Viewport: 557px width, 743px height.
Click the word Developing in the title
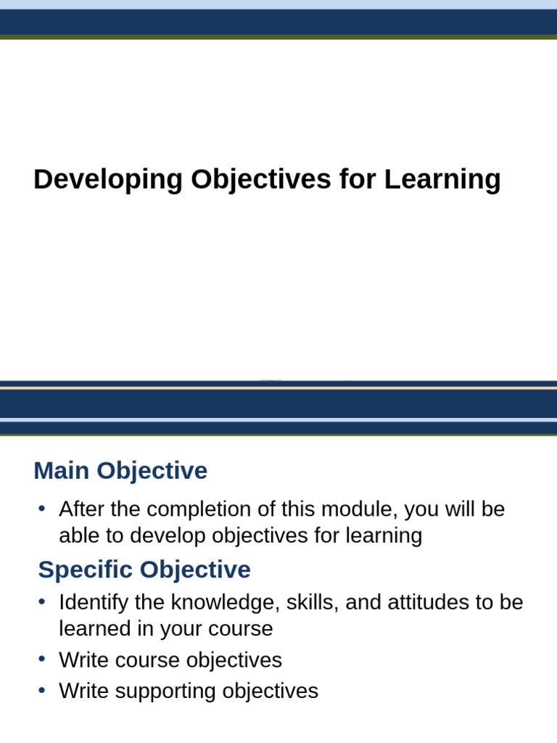[108, 179]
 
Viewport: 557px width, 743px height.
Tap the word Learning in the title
[442, 179]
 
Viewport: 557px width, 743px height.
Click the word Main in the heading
[62, 471]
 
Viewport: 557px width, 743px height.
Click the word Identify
[92, 602]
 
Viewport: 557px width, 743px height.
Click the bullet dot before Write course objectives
[42, 660]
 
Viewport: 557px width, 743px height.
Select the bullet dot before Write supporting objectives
[42, 691]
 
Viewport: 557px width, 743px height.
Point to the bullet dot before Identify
[42, 602]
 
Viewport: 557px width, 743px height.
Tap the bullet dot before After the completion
[42, 509]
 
